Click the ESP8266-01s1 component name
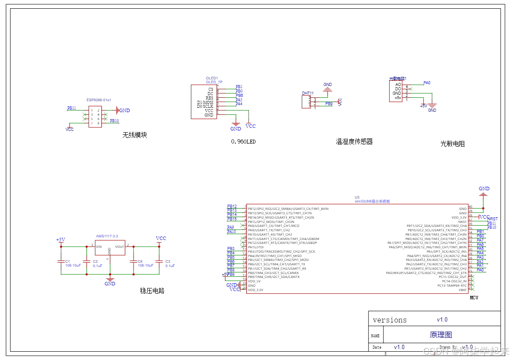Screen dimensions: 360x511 coord(99,100)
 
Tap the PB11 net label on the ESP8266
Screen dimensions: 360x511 coord(72,108)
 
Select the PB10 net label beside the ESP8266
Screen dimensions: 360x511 coord(114,121)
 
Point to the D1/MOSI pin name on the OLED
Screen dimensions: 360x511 coord(205,102)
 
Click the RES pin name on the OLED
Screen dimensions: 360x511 coord(210,98)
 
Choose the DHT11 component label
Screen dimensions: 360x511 coord(307,93)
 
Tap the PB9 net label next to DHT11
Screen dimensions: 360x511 coord(328,104)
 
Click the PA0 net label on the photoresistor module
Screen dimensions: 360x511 coord(427,82)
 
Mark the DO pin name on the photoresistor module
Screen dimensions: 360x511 coord(398,89)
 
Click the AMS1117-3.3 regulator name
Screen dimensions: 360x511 coord(107,236)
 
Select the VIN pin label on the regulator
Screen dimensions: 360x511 coord(99,247)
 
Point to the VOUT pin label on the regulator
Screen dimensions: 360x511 coord(120,247)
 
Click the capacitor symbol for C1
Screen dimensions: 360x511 coord(61,261)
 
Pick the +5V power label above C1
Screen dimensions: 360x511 coord(60,240)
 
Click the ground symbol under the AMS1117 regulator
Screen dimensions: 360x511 coord(110,279)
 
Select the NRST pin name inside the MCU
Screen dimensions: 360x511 coord(462,222)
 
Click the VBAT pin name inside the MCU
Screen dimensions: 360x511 coord(463,290)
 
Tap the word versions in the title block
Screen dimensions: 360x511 coord(390,320)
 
